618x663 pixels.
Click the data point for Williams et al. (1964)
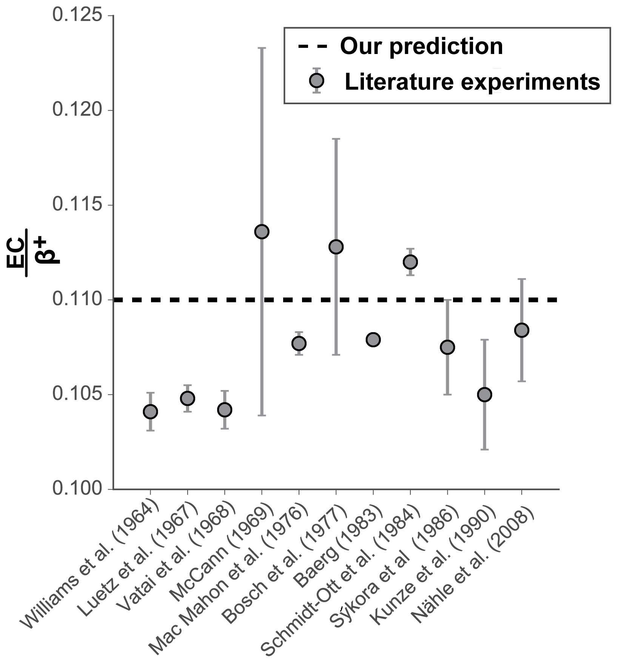click(150, 412)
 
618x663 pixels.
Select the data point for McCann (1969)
click(262, 231)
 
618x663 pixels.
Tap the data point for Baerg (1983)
click(373, 340)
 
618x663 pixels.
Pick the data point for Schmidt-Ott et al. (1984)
click(410, 262)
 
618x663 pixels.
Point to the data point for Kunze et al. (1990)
click(484, 395)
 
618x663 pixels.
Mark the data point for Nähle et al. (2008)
click(521, 330)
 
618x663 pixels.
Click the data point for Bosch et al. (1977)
click(336, 247)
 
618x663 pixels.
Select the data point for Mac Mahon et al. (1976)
click(299, 344)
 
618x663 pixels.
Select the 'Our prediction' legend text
click(421, 46)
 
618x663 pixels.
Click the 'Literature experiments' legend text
click(472, 82)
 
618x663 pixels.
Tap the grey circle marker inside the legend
click(316, 80)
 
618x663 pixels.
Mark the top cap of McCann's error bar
click(262, 48)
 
